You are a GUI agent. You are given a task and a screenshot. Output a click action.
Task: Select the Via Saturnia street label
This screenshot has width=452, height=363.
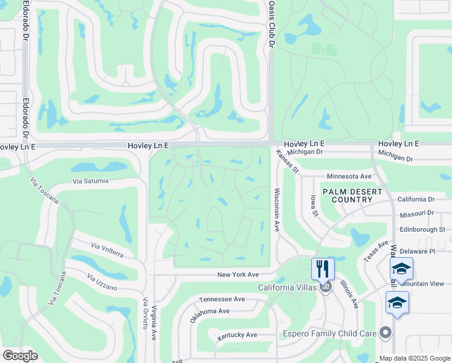click(91, 181)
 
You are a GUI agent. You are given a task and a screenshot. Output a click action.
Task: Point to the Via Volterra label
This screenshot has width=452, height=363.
click(108, 249)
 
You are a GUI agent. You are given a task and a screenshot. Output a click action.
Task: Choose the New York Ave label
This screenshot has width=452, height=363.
click(238, 275)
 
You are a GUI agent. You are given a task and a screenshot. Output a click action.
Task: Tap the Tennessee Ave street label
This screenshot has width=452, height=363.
click(222, 299)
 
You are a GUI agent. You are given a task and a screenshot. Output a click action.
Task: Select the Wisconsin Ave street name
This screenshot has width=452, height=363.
click(277, 209)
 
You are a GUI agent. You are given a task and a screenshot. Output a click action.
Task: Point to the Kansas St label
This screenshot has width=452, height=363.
click(288, 161)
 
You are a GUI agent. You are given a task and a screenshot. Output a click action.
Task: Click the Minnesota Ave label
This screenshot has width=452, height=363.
click(349, 176)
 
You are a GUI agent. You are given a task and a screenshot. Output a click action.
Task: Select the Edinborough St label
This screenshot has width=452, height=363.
click(422, 229)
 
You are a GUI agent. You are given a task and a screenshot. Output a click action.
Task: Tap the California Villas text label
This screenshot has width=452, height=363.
click(287, 287)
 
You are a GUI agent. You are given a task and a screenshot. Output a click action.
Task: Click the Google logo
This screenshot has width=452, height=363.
click(20, 356)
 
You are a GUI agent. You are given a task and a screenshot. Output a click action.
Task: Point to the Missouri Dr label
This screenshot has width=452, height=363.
click(417, 214)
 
